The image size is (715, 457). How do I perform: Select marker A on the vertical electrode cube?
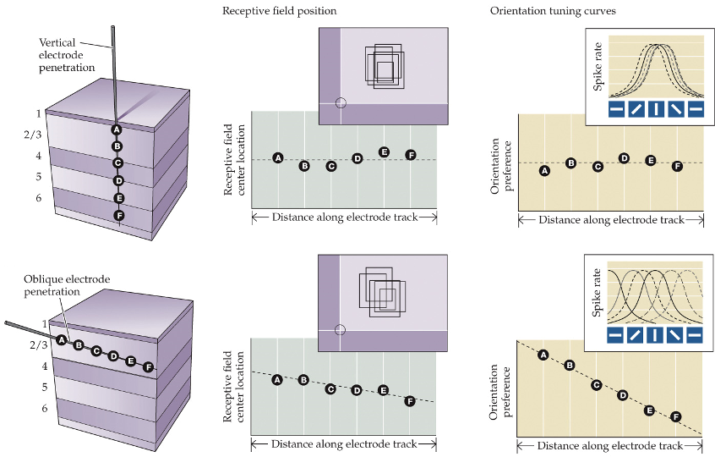coord(117,129)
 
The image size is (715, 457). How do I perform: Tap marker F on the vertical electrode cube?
coord(118,215)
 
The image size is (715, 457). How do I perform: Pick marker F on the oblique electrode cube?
coord(149,366)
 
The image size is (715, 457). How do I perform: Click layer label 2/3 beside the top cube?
coord(32,134)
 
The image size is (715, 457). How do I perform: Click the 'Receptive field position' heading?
coord(279,11)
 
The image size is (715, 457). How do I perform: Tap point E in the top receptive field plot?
coord(384,151)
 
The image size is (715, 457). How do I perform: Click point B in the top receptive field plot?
coord(304,166)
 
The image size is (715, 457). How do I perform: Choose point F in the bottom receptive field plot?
coord(410,400)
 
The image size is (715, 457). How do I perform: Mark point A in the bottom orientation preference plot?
coord(543,355)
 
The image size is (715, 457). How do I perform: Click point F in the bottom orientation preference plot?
coord(676,416)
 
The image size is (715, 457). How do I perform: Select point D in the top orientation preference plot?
coord(624,158)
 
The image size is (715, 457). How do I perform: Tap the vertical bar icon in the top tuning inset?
coord(656,109)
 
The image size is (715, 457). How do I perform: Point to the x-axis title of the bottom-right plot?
coord(611,445)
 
